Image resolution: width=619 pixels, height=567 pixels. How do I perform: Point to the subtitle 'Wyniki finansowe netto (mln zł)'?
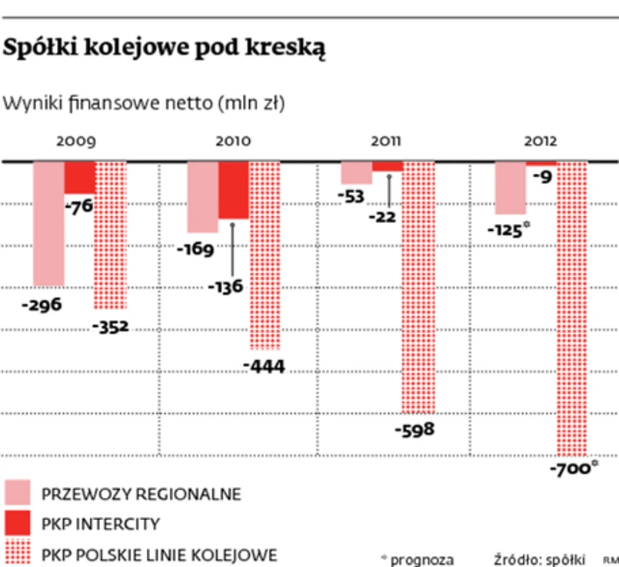click(145, 103)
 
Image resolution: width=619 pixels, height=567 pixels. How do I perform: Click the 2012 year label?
click(541, 142)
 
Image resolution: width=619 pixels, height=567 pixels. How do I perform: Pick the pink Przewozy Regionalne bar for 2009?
click(48, 223)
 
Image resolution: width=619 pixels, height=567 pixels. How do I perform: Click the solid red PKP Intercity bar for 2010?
click(234, 191)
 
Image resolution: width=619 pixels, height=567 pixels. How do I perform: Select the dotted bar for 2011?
click(419, 288)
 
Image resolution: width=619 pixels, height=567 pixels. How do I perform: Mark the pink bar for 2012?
click(510, 188)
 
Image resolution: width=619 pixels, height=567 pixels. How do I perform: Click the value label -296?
click(42, 304)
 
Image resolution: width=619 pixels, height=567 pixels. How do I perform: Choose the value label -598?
click(414, 429)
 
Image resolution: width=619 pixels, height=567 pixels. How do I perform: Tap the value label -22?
click(381, 217)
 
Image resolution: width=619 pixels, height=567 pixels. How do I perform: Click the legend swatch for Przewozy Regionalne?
click(18, 493)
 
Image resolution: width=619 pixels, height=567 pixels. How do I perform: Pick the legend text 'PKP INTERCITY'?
click(101, 524)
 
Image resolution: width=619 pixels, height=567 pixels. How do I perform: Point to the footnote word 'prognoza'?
click(421, 559)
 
